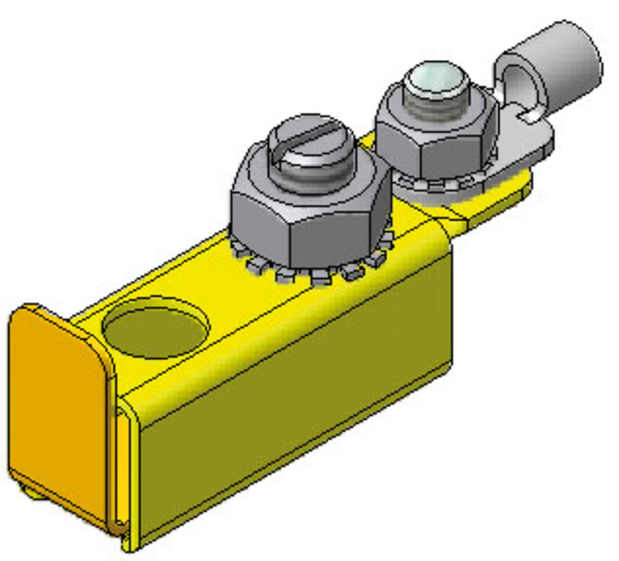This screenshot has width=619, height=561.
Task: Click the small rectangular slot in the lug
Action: (530, 116)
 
